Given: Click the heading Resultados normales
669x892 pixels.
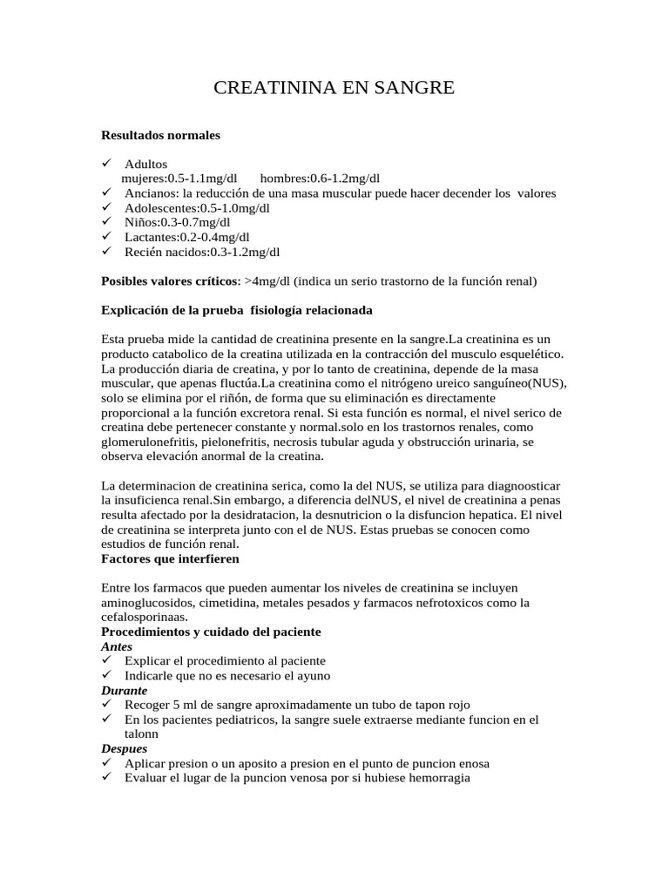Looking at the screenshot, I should coord(161,135).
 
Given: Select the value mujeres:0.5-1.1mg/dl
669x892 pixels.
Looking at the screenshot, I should coord(179,178).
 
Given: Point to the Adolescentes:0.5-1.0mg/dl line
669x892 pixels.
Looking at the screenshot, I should coord(197,207).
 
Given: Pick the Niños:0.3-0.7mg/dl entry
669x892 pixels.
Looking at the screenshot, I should coord(177,222).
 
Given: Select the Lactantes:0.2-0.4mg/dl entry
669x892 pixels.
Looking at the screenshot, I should coord(186,237).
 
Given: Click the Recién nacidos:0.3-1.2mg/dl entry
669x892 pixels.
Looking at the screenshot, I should coord(202,252).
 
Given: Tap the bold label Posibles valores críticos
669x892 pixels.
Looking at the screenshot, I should coord(169,280).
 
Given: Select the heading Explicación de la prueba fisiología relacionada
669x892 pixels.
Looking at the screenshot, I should coord(238,309).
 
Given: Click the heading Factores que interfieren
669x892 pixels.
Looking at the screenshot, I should coord(170,557).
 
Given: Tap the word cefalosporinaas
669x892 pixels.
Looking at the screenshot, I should coord(145,616).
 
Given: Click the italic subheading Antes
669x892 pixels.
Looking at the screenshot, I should coord(117,646).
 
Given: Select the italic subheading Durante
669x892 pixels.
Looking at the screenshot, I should coord(124,690).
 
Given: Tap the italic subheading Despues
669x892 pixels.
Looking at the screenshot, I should coord(125,748).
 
